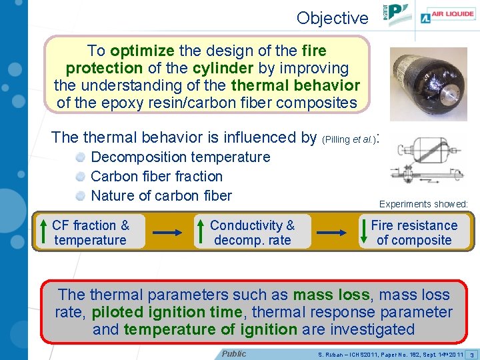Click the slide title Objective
pyautogui.click(x=332, y=18)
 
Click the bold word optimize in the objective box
pyautogui.click(x=141, y=51)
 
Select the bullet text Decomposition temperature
pyautogui.click(x=180, y=157)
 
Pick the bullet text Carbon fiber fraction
pyautogui.click(x=156, y=177)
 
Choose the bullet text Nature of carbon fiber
pyautogui.click(x=161, y=196)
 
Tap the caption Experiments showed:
pyautogui.click(x=423, y=204)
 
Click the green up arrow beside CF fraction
pyautogui.click(x=43, y=231)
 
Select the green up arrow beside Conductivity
pyautogui.click(x=201, y=231)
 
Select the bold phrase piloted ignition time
pyautogui.click(x=166, y=312)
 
